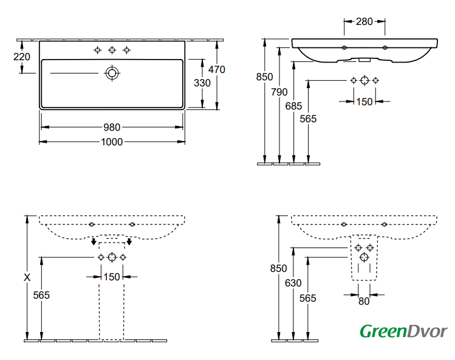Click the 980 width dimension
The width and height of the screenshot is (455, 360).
112,127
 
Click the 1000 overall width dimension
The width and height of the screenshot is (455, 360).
112,142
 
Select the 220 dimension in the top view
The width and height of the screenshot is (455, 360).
21,57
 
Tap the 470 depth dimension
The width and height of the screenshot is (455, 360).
216,69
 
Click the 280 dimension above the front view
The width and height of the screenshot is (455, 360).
364,22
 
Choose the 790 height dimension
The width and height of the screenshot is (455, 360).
279,92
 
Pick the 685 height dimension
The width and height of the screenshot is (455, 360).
293,106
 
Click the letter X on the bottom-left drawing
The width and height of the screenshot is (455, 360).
26,277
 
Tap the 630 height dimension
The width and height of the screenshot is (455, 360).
293,283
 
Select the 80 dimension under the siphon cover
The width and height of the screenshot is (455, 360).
364,301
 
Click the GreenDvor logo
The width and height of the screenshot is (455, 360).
403,331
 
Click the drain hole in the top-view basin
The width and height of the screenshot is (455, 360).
112,73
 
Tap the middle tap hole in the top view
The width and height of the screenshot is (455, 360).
112,50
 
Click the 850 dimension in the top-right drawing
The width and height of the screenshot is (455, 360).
264,77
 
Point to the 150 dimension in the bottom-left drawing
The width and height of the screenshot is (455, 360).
112,277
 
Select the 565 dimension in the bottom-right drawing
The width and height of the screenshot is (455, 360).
308,298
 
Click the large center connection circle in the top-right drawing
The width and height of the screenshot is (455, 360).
364,81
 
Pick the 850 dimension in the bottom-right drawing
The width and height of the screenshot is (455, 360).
278,268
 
